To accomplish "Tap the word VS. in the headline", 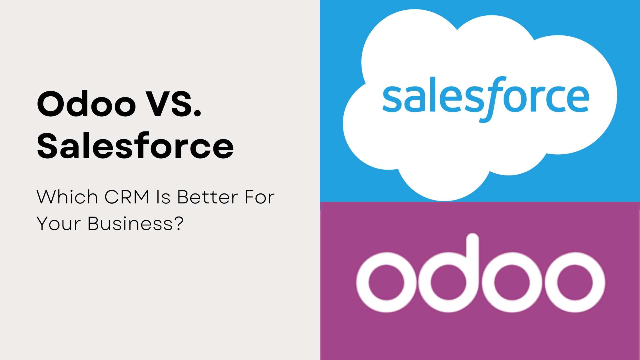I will click(173, 104).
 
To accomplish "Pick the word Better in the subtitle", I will click(207, 197).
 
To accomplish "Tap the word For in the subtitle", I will click(259, 197).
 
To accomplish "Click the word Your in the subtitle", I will click(59, 223).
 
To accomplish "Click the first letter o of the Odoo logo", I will click(386, 282).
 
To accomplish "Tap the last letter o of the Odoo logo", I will click(575, 282).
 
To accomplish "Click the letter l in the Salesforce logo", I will click(432, 94).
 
